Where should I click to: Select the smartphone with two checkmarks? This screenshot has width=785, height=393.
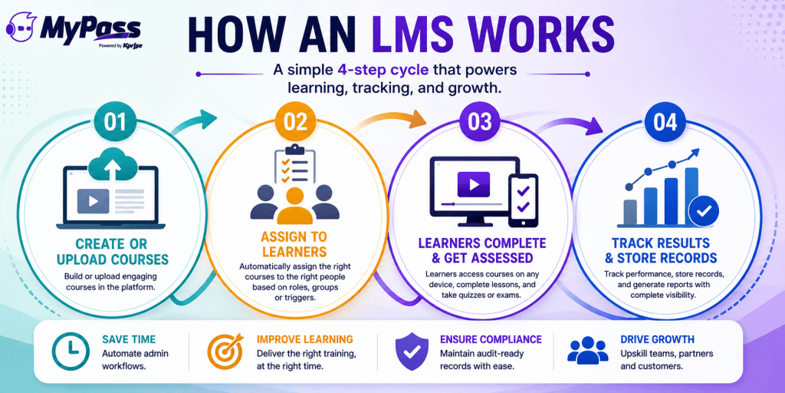point(523,200)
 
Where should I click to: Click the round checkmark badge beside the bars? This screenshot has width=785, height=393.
point(704,212)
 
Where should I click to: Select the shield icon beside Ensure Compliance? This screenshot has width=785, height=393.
point(412,352)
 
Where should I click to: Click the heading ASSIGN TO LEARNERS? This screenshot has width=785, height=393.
point(294,243)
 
